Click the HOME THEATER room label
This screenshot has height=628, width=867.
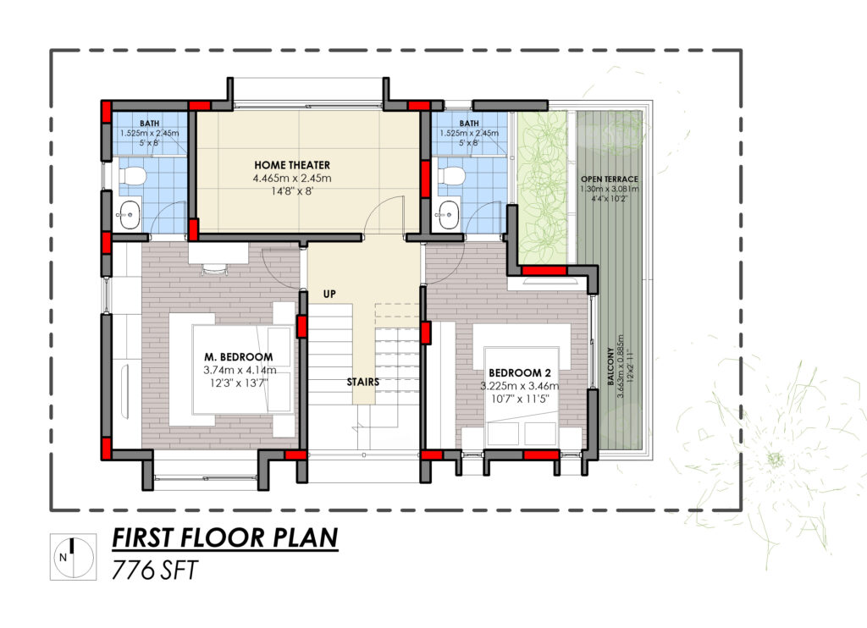[x=292, y=165]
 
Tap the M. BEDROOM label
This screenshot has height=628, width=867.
[x=238, y=357]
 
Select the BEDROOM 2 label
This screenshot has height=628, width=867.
[x=519, y=372]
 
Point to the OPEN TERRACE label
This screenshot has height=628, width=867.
[x=610, y=179]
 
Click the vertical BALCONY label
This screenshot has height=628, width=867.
[x=611, y=366]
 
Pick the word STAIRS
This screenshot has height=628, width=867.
[x=362, y=382]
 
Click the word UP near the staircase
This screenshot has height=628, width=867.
[x=329, y=294]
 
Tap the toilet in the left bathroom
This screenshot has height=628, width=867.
[x=131, y=176]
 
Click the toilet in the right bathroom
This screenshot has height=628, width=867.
[x=451, y=176]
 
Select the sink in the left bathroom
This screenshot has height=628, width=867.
[x=130, y=212]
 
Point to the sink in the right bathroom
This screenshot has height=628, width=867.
[x=449, y=212]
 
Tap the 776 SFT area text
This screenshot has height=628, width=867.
[x=154, y=570]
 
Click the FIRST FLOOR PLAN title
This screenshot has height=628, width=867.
[x=225, y=537]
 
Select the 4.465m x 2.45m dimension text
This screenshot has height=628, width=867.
[x=292, y=178]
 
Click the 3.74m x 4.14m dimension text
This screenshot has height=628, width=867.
[x=240, y=370]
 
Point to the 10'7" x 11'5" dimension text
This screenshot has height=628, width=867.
[x=519, y=399]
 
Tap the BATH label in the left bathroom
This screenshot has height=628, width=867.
[x=149, y=124]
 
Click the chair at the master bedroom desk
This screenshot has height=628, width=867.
[x=213, y=269]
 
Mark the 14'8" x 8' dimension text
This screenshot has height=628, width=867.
[x=292, y=191]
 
